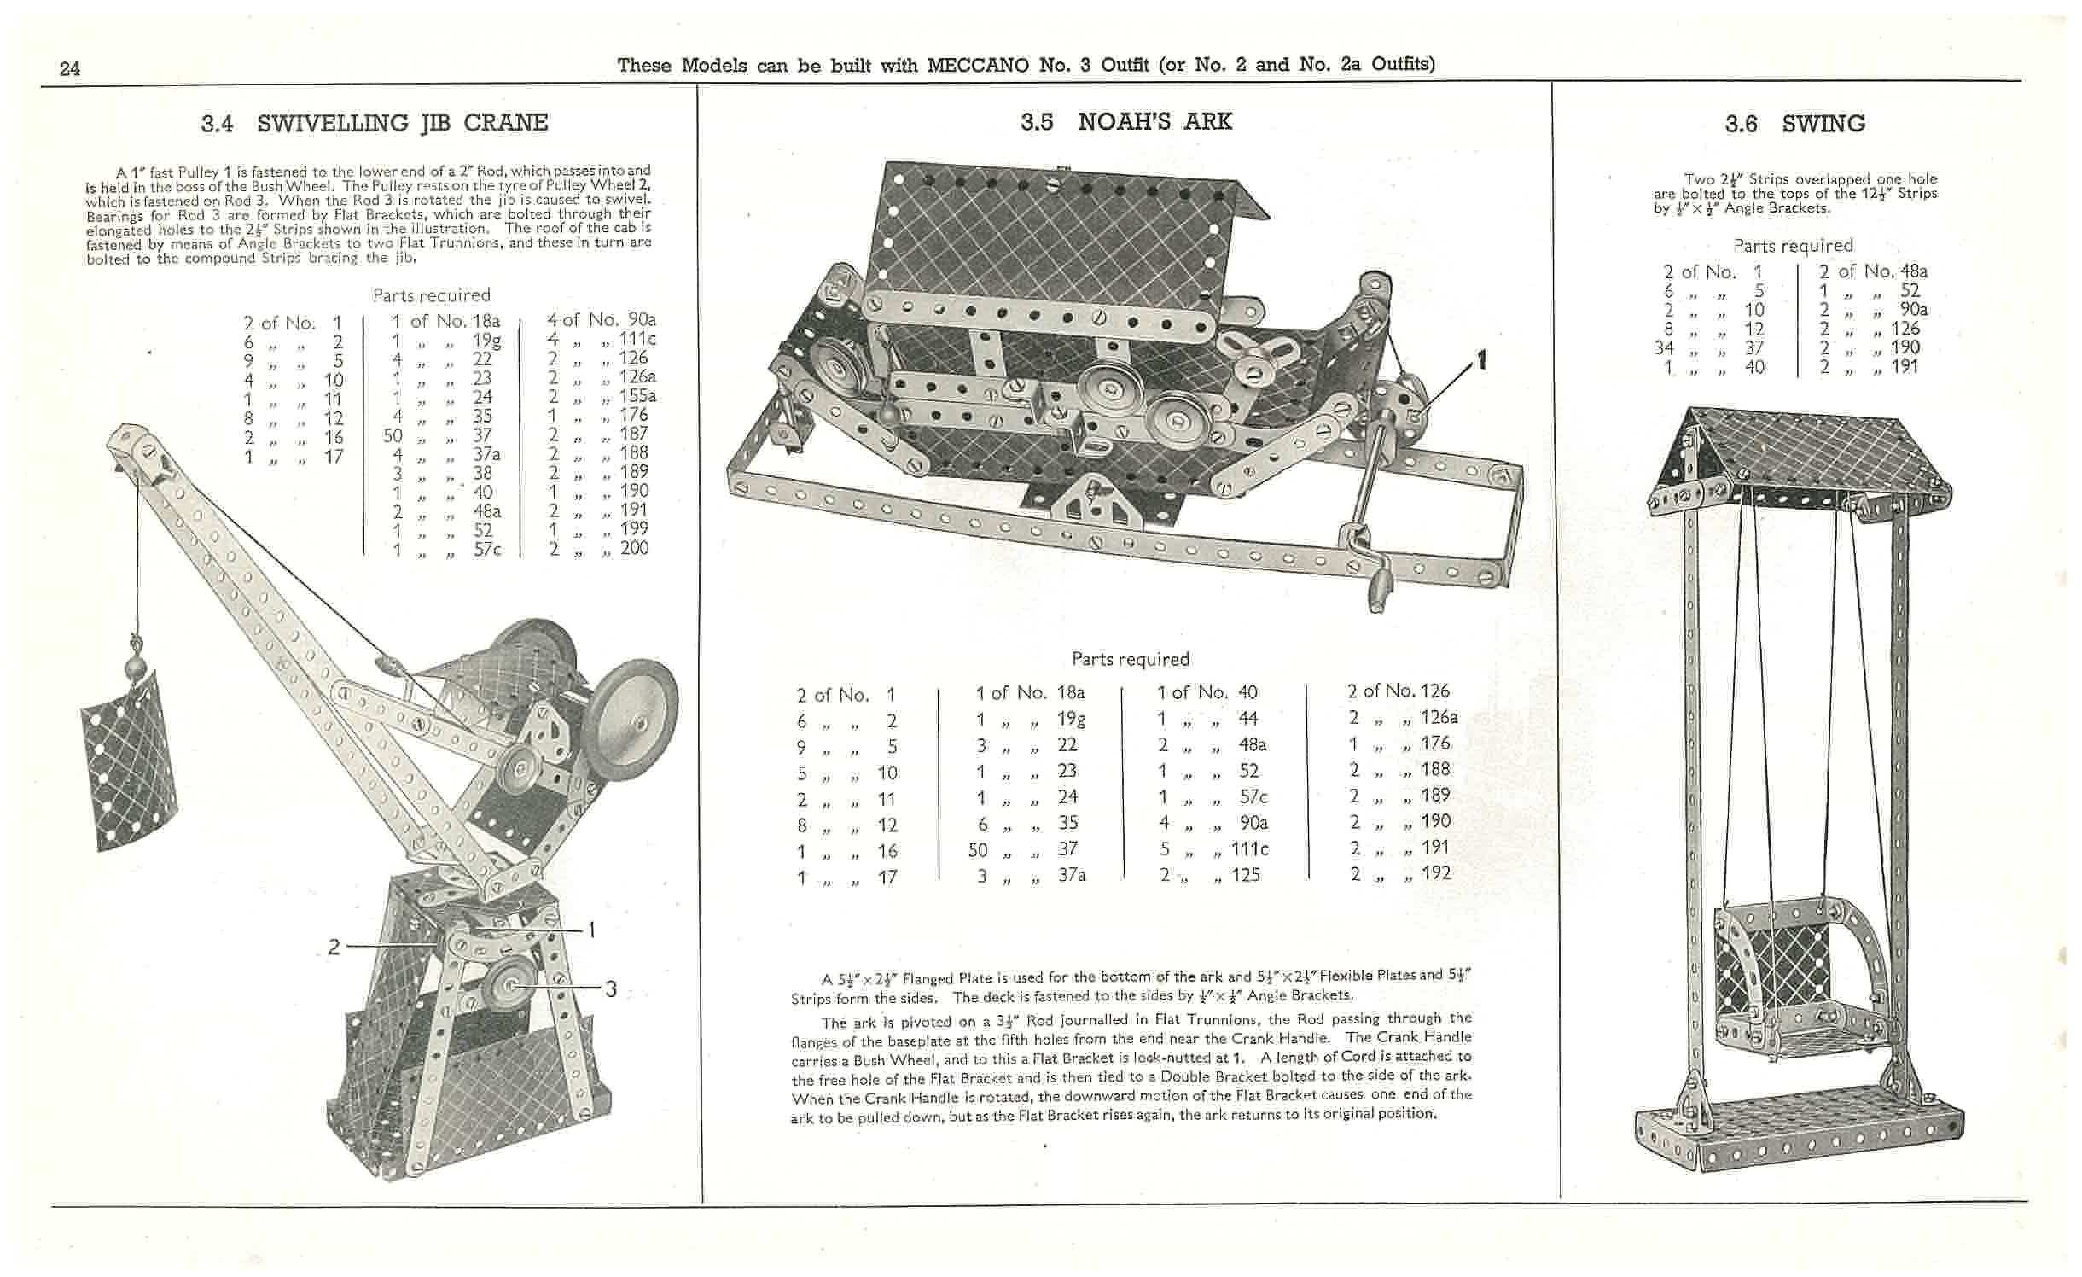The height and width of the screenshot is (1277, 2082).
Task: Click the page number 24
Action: click(70, 68)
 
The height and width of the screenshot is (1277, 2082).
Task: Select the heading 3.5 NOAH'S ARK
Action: click(1125, 122)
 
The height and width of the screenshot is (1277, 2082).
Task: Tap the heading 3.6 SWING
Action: click(1794, 125)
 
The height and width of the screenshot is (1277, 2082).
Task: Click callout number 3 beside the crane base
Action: click(611, 989)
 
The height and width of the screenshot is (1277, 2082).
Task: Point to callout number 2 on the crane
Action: click(334, 947)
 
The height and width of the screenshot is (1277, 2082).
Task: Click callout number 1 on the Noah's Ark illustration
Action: click(1482, 361)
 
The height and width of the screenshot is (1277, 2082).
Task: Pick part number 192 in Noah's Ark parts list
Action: click(1436, 873)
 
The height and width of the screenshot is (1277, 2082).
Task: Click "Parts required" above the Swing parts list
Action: click(1793, 246)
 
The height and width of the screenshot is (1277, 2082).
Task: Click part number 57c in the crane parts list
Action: click(487, 550)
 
